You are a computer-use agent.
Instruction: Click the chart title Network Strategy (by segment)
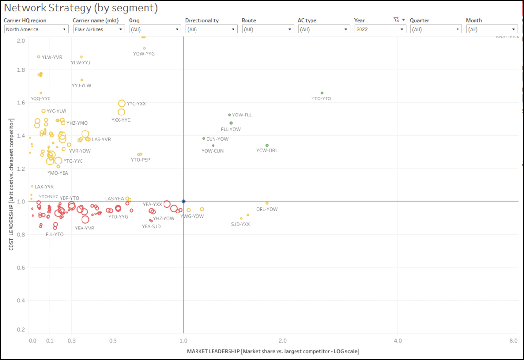point(81,8)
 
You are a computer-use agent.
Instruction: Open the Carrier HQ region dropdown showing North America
point(36,29)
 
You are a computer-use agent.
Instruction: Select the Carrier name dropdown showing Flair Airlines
point(98,29)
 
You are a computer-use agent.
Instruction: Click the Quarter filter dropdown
point(436,29)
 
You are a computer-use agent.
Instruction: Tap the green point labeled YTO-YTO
point(322,93)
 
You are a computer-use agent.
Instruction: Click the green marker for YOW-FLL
point(229,115)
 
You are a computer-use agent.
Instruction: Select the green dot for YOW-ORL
point(267,145)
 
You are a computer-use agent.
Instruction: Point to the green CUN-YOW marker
point(204,138)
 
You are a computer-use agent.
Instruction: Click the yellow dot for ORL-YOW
point(267,203)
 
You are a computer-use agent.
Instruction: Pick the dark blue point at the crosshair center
point(183,201)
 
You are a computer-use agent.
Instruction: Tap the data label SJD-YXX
point(240,224)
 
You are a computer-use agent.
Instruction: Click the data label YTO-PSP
point(141,160)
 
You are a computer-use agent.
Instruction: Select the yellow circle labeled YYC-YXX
point(122,103)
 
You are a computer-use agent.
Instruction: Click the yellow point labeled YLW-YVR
point(39,57)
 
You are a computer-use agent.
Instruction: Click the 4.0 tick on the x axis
point(397,341)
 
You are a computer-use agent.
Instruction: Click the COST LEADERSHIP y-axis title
point(10,184)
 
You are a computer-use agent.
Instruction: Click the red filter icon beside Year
point(396,20)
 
